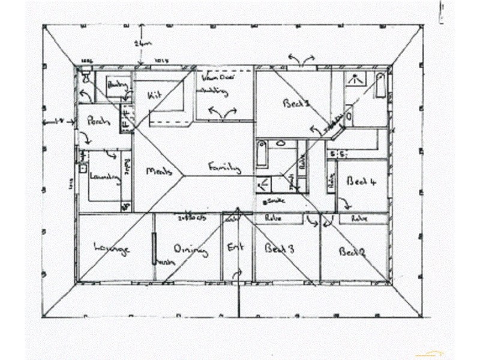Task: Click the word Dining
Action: [190, 250]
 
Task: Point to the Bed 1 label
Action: [295, 103]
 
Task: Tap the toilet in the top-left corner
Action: [86, 76]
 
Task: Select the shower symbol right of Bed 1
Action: [355, 78]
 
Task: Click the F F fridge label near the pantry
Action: [127, 117]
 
